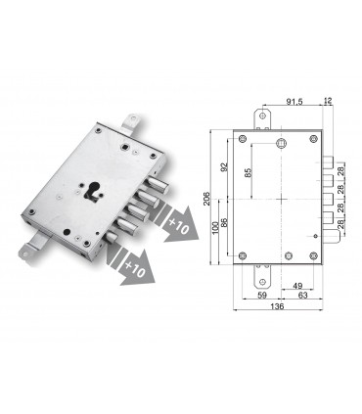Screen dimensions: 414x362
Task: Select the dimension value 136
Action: point(277,304)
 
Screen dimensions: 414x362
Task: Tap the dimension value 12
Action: point(326,102)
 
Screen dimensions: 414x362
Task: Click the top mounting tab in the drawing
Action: point(261,118)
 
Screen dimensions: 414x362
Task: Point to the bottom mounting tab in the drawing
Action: point(261,273)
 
